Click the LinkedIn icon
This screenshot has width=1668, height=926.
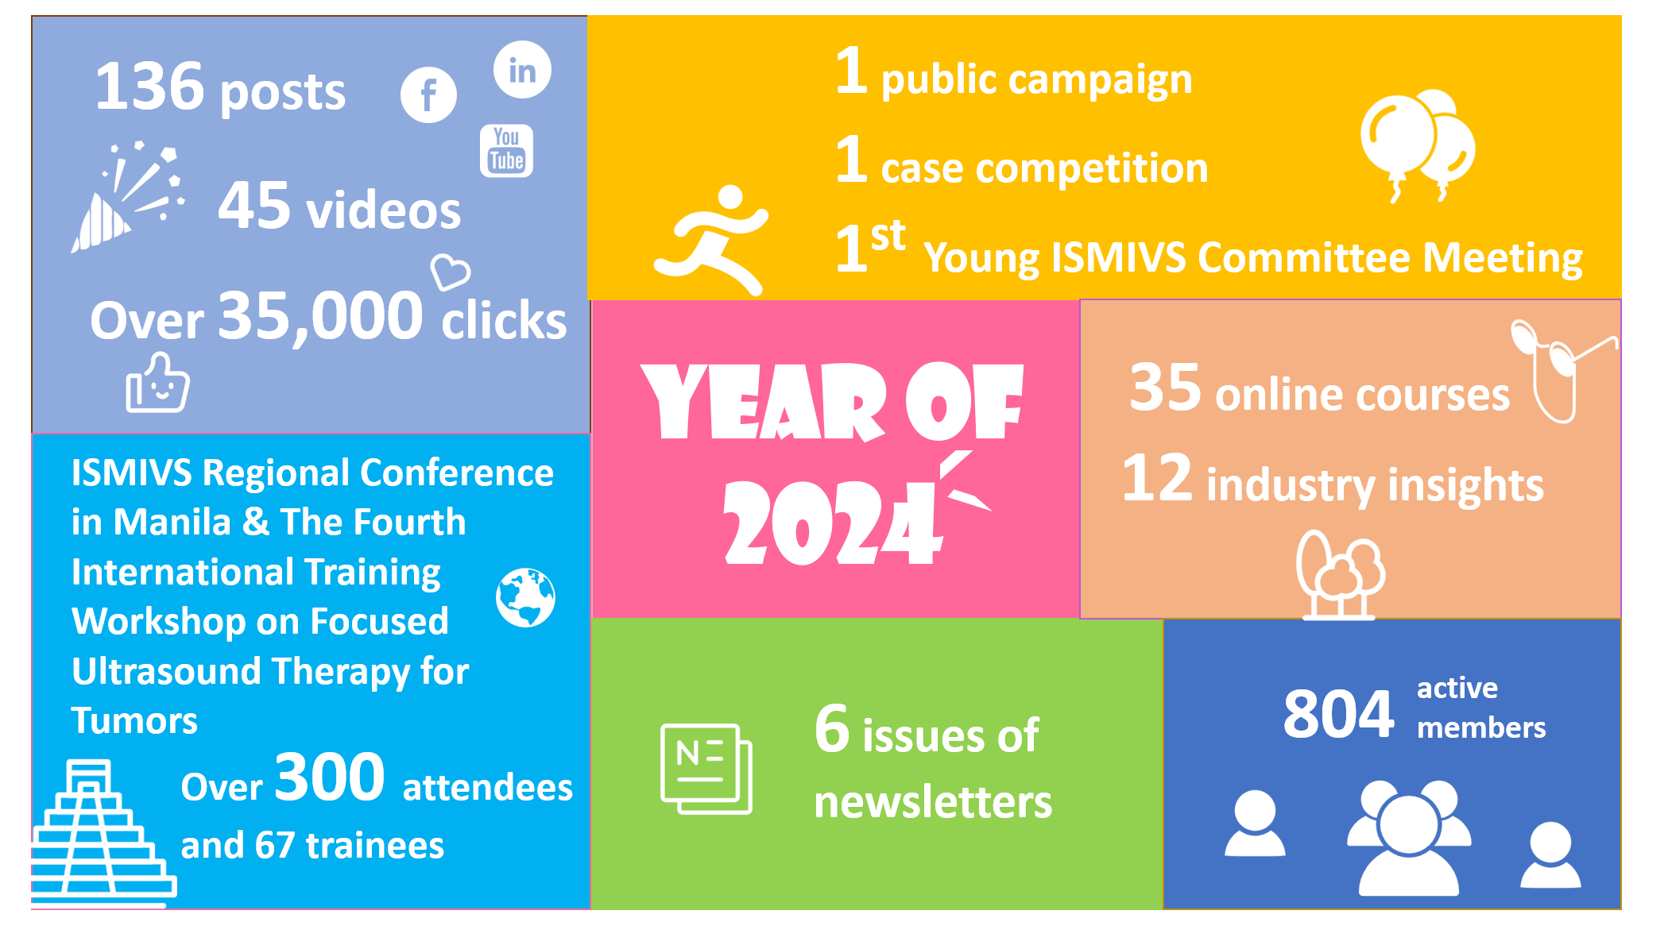click(522, 70)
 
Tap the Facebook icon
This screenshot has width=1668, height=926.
click(428, 95)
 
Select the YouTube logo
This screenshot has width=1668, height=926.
click(506, 150)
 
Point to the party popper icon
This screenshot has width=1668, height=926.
click(127, 197)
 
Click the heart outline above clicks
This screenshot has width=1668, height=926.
click(451, 272)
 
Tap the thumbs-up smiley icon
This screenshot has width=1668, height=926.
click(157, 383)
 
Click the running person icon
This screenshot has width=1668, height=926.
click(711, 240)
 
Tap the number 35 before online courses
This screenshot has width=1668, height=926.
click(1165, 388)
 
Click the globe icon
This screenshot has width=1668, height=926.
click(525, 597)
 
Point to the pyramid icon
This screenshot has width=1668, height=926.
click(103, 833)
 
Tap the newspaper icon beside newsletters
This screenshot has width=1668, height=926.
click(706, 769)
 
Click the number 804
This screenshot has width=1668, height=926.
click(1338, 714)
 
